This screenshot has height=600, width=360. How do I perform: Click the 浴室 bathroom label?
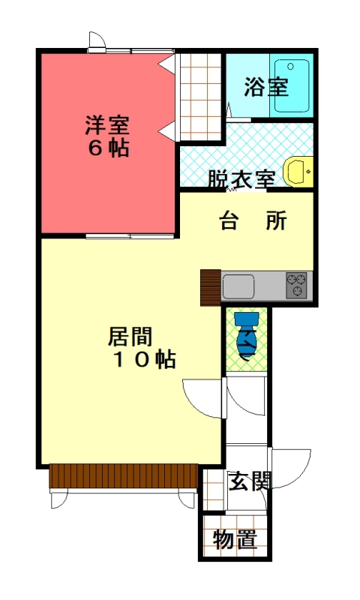tap(266, 87)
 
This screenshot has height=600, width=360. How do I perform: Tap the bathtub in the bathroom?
tap(292, 85)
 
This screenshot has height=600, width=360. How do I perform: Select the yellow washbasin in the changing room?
tap(298, 172)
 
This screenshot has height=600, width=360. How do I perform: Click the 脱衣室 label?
tap(241, 178)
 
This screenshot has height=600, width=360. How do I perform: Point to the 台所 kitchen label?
tap(253, 220)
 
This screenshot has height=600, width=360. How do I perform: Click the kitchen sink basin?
tap(238, 286)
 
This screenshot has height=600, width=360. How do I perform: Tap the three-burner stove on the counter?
tap(297, 286)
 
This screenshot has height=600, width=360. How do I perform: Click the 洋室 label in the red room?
tap(107, 125)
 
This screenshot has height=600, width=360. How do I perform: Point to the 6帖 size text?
tap(109, 148)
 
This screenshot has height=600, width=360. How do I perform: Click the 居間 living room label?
tap(130, 336)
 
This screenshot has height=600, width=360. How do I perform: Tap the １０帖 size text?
tap(145, 359)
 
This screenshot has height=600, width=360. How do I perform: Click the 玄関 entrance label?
tap(250, 481)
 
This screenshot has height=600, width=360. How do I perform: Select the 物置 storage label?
tap(235, 539)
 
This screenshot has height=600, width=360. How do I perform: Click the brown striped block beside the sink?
tap(211, 288)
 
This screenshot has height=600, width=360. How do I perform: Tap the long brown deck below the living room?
tap(124, 475)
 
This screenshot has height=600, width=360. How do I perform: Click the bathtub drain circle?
tap(290, 67)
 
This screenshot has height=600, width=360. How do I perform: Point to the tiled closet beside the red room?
tap(201, 97)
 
